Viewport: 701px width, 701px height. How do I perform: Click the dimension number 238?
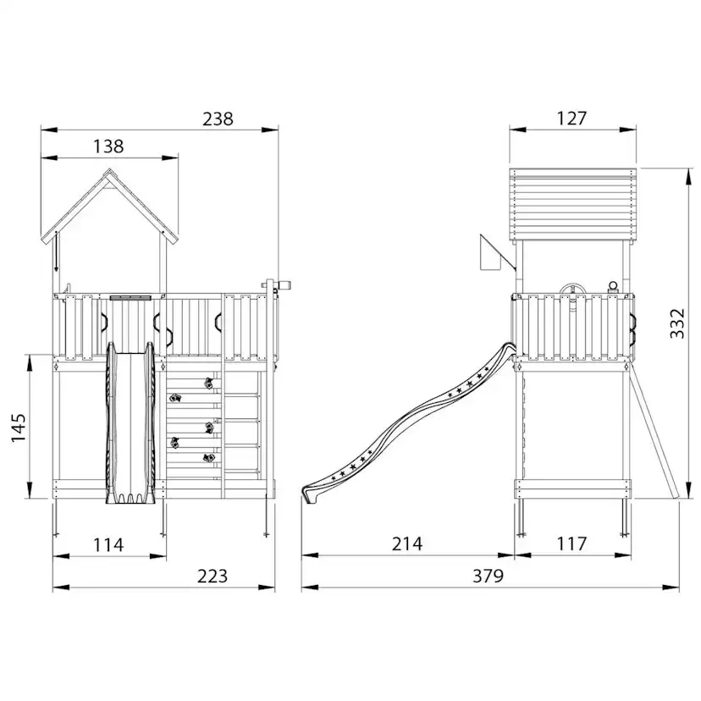point(218,119)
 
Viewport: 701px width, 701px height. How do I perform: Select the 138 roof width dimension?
point(108,146)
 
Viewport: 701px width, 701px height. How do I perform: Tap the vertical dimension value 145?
point(19,428)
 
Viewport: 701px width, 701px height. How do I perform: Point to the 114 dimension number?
point(108,545)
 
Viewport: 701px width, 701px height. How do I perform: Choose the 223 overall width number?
point(213,576)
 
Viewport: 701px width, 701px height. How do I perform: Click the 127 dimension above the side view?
point(571,119)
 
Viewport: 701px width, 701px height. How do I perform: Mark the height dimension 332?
point(677,323)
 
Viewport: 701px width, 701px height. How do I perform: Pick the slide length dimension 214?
point(407,544)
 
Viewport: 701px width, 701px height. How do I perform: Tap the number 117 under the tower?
point(571,544)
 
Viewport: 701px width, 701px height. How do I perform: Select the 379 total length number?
point(488,576)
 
